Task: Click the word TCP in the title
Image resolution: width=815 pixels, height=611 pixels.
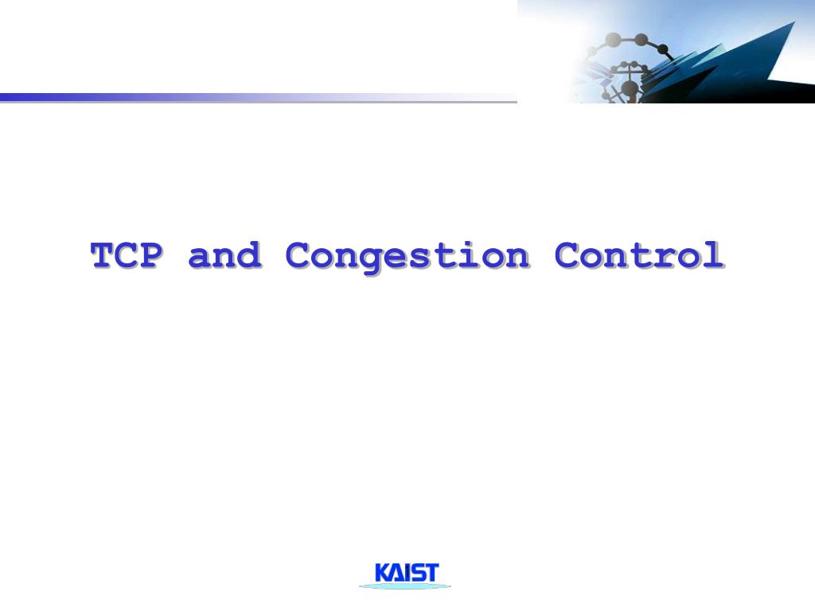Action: [x=127, y=256]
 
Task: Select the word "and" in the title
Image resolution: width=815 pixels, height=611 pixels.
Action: [x=224, y=256]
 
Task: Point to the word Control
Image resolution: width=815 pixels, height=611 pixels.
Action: [x=639, y=256]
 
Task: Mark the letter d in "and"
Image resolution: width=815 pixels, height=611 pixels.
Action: [x=248, y=255]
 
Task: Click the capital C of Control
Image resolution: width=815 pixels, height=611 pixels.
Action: [x=567, y=256]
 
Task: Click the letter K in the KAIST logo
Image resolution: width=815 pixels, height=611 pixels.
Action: [x=384, y=573]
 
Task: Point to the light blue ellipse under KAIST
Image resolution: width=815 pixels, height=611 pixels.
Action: [x=404, y=586]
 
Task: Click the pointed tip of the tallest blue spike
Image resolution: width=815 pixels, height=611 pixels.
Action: [x=793, y=23]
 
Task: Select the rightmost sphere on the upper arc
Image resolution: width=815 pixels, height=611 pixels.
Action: [x=663, y=49]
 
